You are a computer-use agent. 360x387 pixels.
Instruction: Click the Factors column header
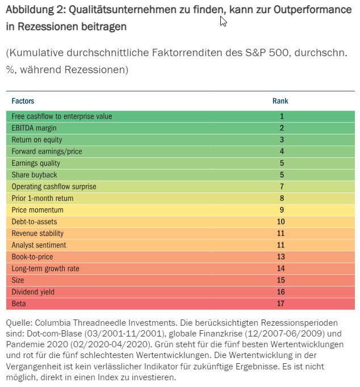coord(23,101)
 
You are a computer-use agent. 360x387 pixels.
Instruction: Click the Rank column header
coord(281,101)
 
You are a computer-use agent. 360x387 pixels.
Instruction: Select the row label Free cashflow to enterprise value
coord(62,116)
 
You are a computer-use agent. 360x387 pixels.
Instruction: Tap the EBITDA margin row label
coord(34,128)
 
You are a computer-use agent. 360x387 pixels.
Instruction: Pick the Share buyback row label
coord(34,175)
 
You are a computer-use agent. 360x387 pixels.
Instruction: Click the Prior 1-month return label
coord(43,199)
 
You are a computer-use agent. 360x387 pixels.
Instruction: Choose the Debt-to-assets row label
coord(34,222)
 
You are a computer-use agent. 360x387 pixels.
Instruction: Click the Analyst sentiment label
coord(39,245)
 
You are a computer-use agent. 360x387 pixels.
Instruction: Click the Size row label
coord(18,280)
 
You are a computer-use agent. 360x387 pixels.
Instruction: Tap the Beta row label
coord(18,304)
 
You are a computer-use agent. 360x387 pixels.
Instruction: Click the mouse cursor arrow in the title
coord(223,21)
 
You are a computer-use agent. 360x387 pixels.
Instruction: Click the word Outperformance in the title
coord(315,10)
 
